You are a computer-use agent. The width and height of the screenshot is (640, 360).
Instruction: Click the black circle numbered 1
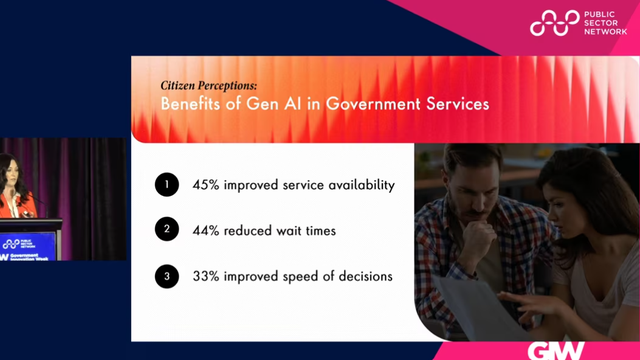165,184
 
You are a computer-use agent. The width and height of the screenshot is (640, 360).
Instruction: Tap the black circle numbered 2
165,230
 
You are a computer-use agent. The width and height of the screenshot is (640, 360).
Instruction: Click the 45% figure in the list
207,184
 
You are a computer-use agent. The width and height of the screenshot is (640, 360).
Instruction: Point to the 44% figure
207,230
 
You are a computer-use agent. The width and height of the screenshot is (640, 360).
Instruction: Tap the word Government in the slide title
371,105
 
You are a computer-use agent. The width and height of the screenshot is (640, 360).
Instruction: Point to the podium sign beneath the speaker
30,246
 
